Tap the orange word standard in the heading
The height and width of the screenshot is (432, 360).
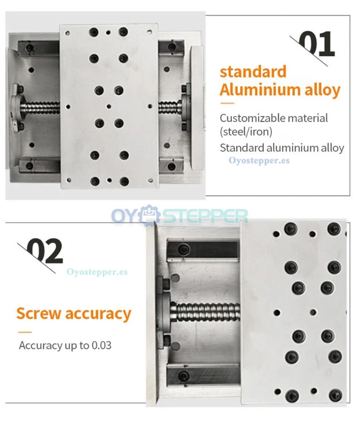point(253,72)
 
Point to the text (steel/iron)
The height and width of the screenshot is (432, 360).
point(246,132)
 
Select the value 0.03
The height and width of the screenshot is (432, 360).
point(101,345)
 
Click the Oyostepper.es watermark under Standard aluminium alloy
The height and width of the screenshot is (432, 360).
point(259,160)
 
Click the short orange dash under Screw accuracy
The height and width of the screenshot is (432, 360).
point(25,332)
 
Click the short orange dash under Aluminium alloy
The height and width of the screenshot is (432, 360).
point(227,104)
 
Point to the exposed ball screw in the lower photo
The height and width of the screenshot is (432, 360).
point(207,312)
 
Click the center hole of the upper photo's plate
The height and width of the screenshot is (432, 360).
point(109,107)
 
